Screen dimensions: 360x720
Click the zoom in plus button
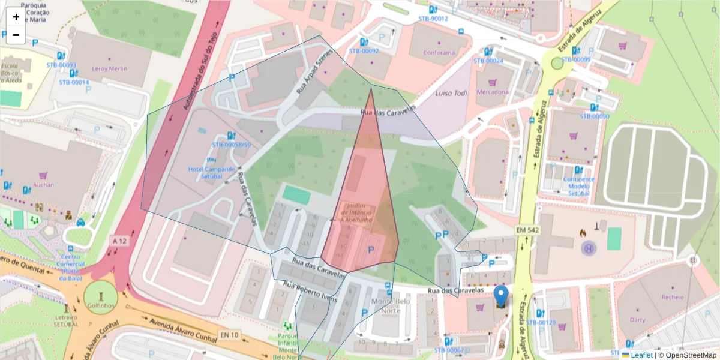coord(16,17)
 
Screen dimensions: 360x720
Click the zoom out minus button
coord(16,35)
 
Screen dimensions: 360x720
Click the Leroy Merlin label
coord(109,68)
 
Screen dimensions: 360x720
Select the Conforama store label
coord(439,53)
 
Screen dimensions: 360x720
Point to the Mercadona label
coord(492,92)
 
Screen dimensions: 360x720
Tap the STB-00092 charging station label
coord(364,51)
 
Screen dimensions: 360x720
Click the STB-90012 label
coord(433,19)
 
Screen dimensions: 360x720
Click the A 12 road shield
coord(121,241)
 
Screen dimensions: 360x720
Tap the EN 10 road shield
coord(230,334)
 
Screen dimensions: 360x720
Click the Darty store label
coord(637,320)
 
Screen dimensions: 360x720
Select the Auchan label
coord(43,185)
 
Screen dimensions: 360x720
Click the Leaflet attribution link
coord(641,355)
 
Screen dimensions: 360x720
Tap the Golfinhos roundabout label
coord(101,306)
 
